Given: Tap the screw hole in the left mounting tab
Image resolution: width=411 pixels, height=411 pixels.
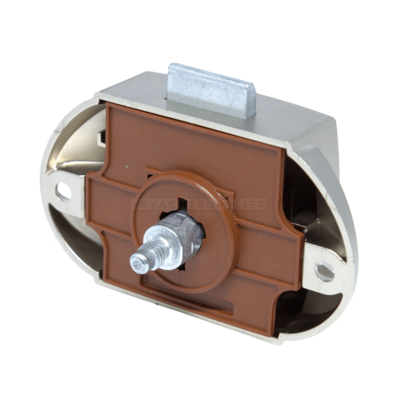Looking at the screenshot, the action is [64, 191].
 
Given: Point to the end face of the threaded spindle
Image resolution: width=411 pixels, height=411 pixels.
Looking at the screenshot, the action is [138, 265].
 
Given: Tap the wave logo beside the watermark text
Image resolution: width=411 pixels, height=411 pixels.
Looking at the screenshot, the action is [139, 205].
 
